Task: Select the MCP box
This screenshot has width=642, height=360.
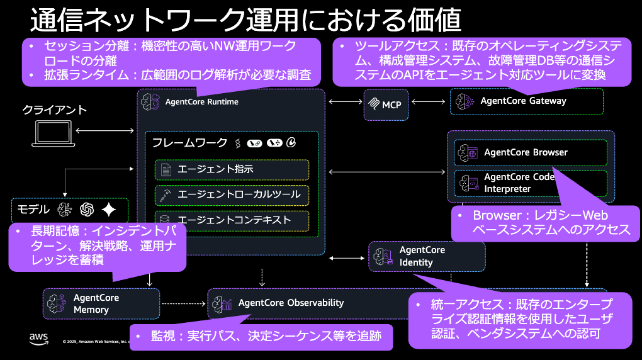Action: (386, 104)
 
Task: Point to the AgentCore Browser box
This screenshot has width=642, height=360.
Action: (530, 152)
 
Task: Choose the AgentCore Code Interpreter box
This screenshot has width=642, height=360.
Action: (530, 183)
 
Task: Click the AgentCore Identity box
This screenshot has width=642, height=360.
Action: (426, 256)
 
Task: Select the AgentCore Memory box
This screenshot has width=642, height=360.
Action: (101, 303)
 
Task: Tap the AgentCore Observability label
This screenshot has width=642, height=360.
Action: (291, 303)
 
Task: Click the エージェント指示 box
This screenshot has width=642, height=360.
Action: (232, 169)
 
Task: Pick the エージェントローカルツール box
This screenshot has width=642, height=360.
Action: (232, 194)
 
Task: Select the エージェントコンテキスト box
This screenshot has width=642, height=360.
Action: (232, 220)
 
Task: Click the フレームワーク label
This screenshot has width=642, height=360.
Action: (189, 143)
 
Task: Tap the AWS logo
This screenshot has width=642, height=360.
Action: (38, 339)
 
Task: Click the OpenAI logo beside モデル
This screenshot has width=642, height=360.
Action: (87, 210)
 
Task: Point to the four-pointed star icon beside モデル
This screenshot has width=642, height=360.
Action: (109, 210)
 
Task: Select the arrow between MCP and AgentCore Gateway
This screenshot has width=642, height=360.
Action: (429, 101)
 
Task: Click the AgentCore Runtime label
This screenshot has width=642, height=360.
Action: (201, 101)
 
